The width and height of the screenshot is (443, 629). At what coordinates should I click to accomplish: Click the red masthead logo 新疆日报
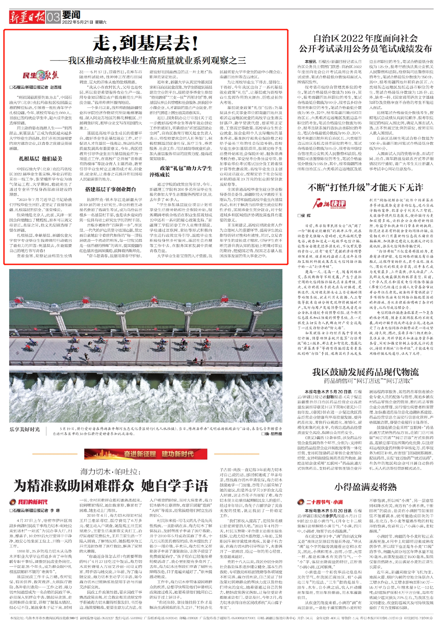point(27,17)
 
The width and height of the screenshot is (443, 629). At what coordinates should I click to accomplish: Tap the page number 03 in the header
point(53,17)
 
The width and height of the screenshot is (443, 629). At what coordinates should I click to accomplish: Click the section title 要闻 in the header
point(71,15)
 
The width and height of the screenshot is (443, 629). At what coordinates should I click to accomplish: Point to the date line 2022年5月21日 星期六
point(84,22)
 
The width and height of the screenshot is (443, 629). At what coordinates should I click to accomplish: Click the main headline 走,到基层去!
point(145,44)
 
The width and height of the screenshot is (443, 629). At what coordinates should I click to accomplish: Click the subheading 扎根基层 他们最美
point(40,159)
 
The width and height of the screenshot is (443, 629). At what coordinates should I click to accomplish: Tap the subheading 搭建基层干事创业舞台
point(110,189)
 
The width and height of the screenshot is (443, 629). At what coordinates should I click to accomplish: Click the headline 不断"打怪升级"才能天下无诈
point(365,188)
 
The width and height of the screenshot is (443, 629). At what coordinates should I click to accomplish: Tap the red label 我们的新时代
point(29,502)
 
